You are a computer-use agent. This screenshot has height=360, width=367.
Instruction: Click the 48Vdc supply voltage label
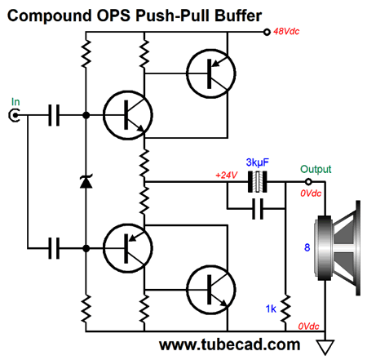point(286,32)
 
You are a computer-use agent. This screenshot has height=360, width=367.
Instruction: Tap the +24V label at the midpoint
point(227,175)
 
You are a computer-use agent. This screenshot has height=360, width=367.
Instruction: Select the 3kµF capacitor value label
point(257,162)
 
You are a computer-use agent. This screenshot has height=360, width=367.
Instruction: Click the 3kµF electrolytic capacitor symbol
point(258,182)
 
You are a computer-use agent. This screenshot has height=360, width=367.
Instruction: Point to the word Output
point(316,169)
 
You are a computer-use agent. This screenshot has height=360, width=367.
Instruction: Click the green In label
point(15,102)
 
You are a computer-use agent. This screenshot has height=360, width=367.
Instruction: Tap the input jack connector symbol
point(14,115)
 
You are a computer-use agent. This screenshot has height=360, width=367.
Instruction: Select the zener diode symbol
point(86,181)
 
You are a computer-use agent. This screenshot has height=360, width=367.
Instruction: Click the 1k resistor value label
point(271,309)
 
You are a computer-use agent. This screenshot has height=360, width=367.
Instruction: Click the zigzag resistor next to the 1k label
point(285,309)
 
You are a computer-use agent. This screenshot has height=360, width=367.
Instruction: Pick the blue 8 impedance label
point(307,247)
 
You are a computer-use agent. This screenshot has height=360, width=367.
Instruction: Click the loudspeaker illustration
point(337,248)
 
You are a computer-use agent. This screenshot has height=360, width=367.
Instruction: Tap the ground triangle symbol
point(325,347)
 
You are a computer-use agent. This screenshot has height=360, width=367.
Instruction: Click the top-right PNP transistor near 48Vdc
point(211,73)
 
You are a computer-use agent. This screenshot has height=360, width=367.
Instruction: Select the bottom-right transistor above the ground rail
point(211,290)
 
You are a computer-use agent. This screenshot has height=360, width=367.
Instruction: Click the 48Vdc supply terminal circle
point(267,32)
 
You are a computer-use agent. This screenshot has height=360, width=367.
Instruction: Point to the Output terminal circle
point(308,181)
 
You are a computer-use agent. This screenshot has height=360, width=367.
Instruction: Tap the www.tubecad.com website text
point(230,344)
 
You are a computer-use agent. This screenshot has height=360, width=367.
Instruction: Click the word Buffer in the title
point(238,16)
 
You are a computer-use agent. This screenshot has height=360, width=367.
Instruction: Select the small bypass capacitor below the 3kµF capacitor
point(258,209)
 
